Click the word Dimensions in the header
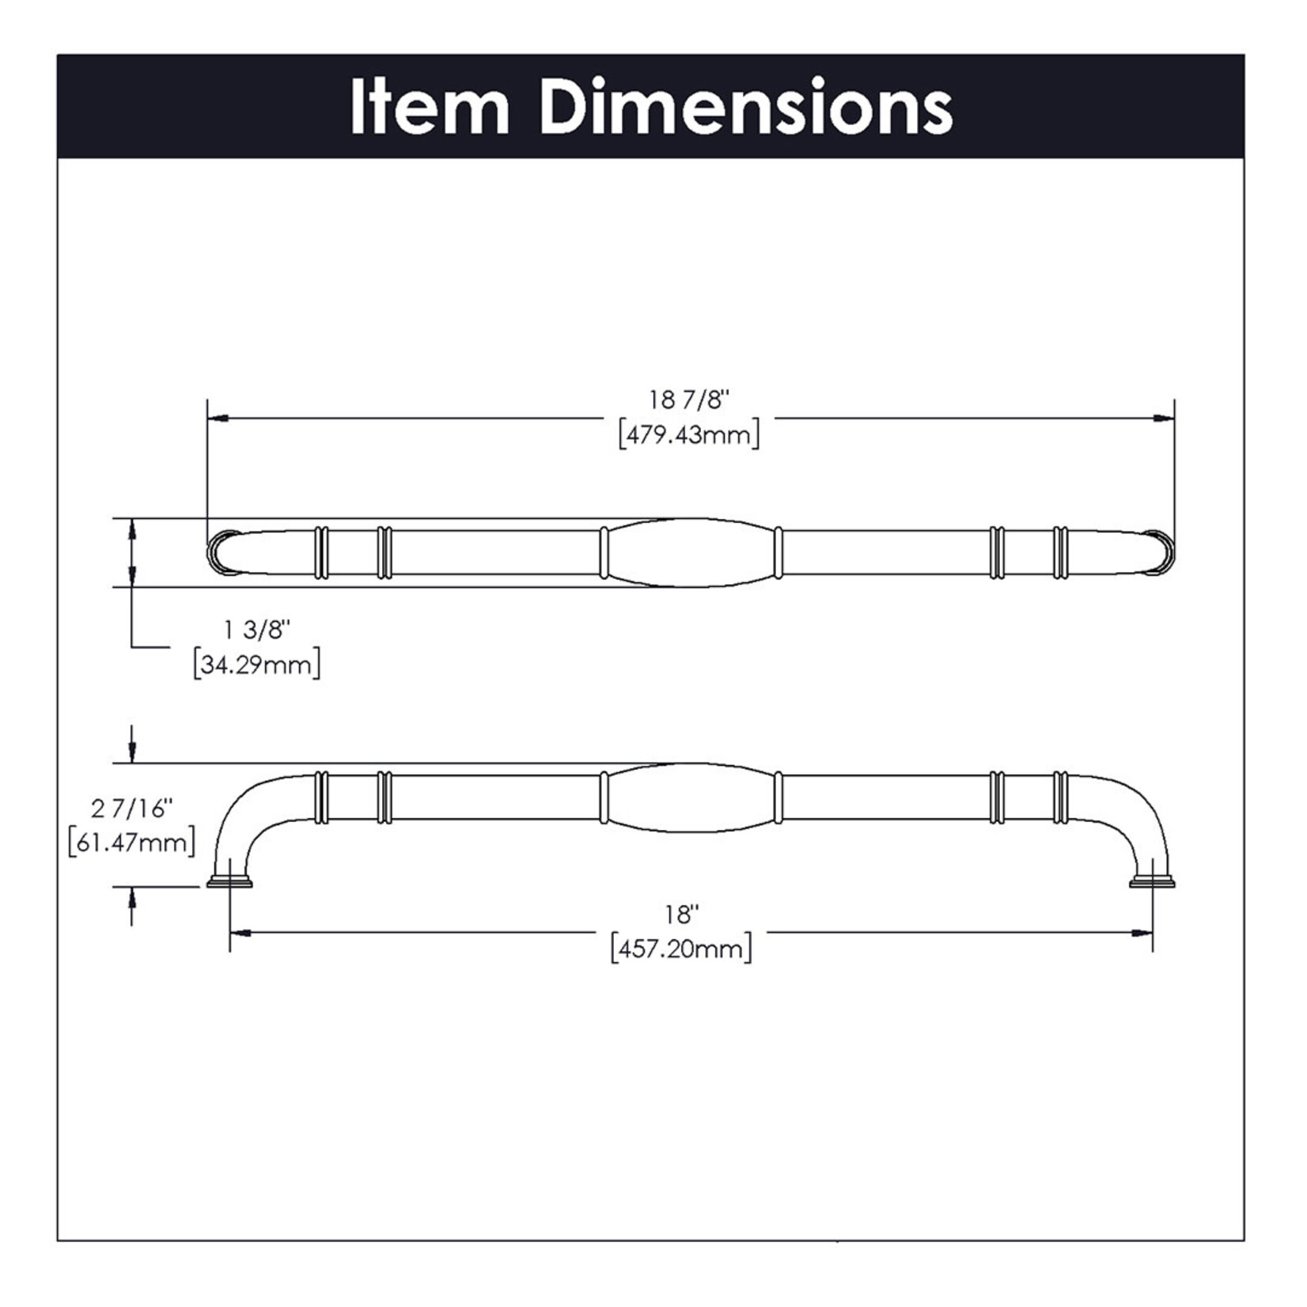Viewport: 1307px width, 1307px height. (x=746, y=108)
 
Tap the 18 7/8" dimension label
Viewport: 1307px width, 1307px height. (x=688, y=400)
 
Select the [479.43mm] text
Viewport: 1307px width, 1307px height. (x=688, y=435)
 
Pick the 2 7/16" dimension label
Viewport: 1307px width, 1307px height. (x=131, y=809)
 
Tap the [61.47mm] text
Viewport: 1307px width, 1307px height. (x=131, y=843)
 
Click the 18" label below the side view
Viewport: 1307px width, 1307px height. (x=681, y=915)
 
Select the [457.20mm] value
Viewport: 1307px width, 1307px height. (x=681, y=949)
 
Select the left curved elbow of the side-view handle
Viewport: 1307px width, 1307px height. (x=241, y=815)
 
